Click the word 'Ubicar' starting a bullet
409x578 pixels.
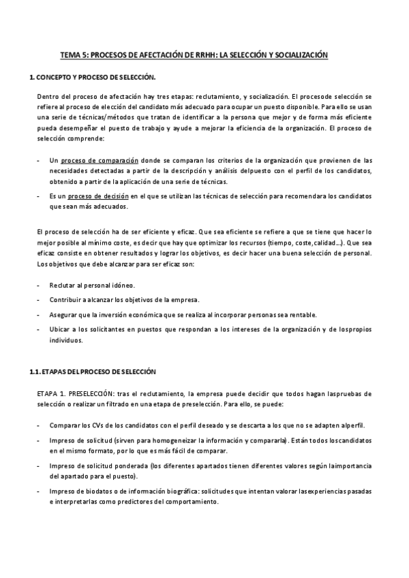point(61,330)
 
